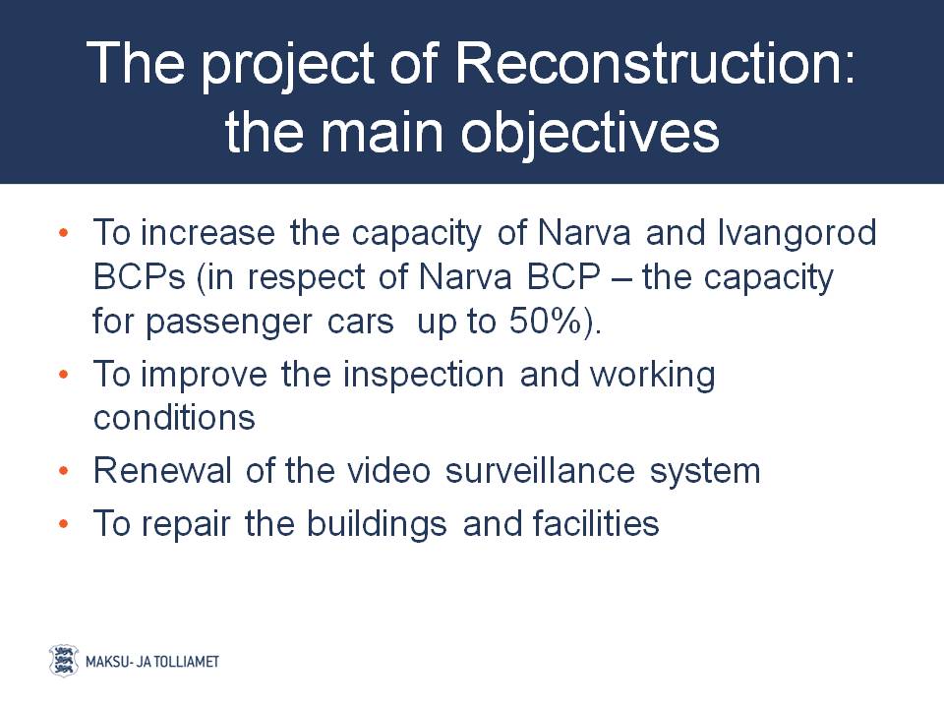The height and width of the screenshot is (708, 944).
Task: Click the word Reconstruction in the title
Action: (x=654, y=63)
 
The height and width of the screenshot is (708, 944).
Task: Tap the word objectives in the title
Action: (x=590, y=134)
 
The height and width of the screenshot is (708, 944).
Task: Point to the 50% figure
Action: (x=546, y=321)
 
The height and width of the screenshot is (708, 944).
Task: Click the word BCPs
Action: (x=139, y=277)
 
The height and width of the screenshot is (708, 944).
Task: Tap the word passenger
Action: (x=229, y=324)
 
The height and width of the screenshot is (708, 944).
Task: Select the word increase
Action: (x=207, y=232)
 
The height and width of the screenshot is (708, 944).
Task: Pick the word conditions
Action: (x=174, y=418)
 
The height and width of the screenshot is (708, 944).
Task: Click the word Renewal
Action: (x=162, y=470)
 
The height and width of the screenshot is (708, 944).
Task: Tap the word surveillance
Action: (x=540, y=470)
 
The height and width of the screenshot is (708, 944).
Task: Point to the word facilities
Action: (x=596, y=523)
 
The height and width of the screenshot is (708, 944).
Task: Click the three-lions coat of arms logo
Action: (x=63, y=661)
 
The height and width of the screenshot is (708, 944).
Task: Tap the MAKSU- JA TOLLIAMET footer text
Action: (x=152, y=662)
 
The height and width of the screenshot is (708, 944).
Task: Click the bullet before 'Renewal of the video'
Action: (x=64, y=471)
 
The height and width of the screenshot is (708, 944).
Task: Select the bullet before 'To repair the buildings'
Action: (x=64, y=524)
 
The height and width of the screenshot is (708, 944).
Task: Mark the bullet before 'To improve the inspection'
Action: (x=64, y=375)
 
